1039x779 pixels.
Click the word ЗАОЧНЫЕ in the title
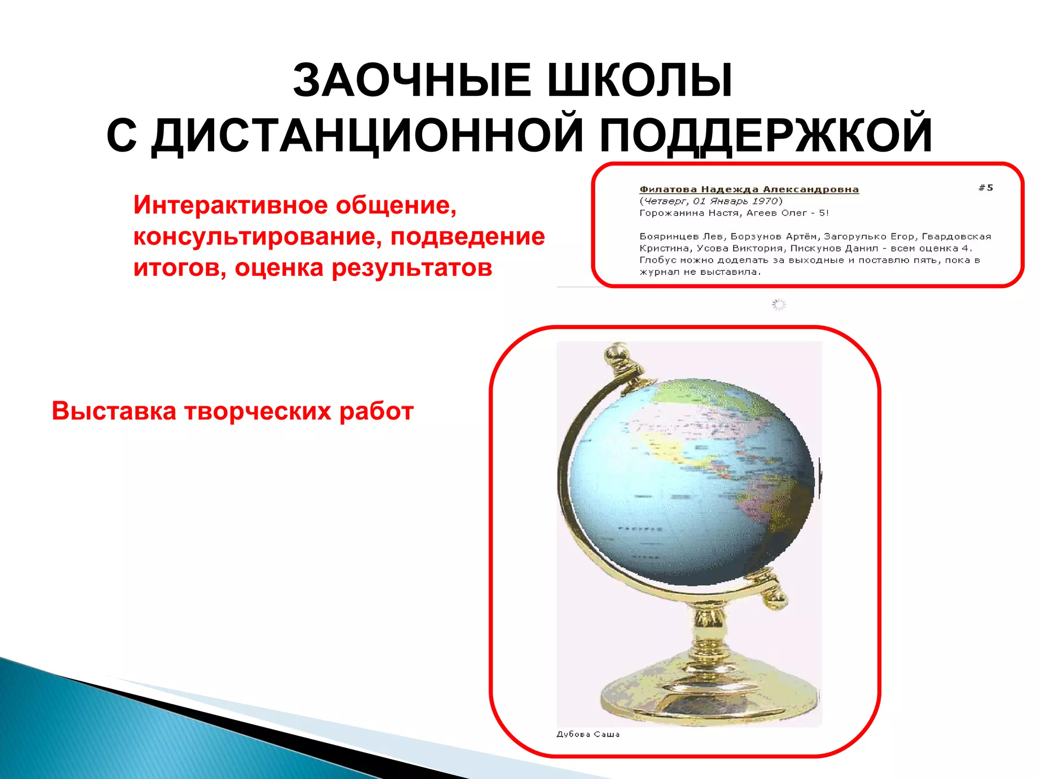click(412, 81)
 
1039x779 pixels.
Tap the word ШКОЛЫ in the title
click(640, 81)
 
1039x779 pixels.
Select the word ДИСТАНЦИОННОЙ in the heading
click(368, 136)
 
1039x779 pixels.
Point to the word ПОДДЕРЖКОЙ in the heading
click(766, 136)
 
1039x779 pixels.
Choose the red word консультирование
click(257, 237)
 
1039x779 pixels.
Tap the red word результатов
click(411, 268)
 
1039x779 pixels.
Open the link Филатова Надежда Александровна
click(749, 190)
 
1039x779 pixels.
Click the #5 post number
click(986, 188)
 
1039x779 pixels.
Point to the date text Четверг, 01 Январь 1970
click(711, 201)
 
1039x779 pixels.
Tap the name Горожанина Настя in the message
click(688, 213)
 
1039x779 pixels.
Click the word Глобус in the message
click(657, 261)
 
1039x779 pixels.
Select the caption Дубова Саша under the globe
click(588, 734)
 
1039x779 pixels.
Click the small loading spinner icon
click(779, 304)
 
